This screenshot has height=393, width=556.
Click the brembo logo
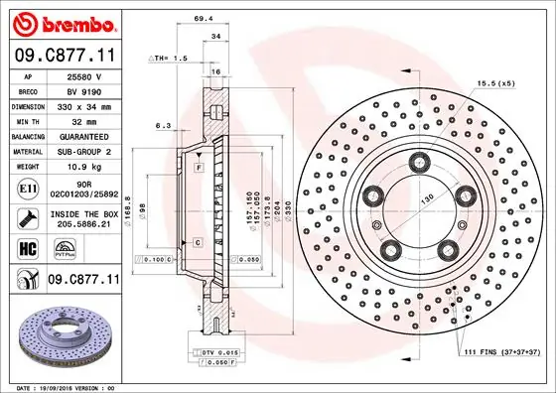61,22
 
